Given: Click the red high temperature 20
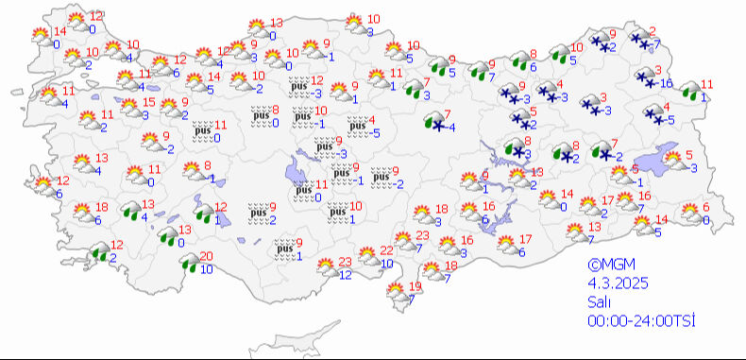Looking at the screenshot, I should (207, 256).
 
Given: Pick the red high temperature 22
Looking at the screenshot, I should (386, 250).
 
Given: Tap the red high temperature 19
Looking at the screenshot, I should (415, 286).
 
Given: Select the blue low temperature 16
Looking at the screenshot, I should (666, 84).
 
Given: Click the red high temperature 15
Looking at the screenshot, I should (149, 103).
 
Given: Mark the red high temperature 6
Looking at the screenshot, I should (705, 208).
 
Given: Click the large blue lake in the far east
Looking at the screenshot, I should (661, 163).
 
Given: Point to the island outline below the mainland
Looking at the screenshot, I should (321, 333).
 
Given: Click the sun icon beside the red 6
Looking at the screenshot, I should (687, 214).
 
